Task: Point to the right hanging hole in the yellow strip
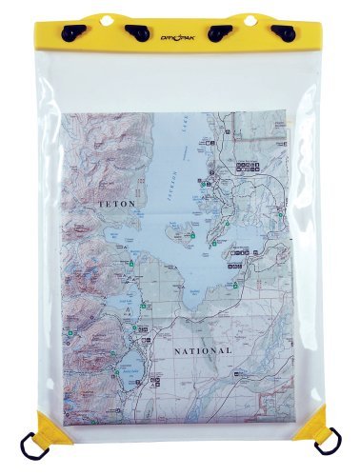click(252, 21)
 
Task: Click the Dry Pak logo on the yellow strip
click(180, 35)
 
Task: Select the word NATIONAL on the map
click(202, 351)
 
